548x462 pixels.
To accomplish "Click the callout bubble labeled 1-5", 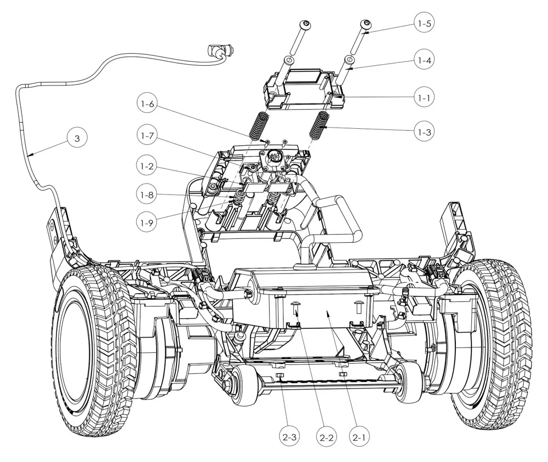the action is coord(424,24).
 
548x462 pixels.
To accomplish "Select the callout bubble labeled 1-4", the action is coord(424,60).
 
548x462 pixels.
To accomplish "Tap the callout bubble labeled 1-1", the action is coord(424,98).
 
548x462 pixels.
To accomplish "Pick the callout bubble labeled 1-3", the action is coord(424,132).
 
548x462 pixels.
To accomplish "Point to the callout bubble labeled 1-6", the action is coord(147,104).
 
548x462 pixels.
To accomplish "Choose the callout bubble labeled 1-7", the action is coord(147,135).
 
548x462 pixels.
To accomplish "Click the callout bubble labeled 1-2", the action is coord(147,166).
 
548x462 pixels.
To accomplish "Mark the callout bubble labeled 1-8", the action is coord(147,195).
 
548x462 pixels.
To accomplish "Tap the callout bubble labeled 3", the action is coord(77,138).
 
